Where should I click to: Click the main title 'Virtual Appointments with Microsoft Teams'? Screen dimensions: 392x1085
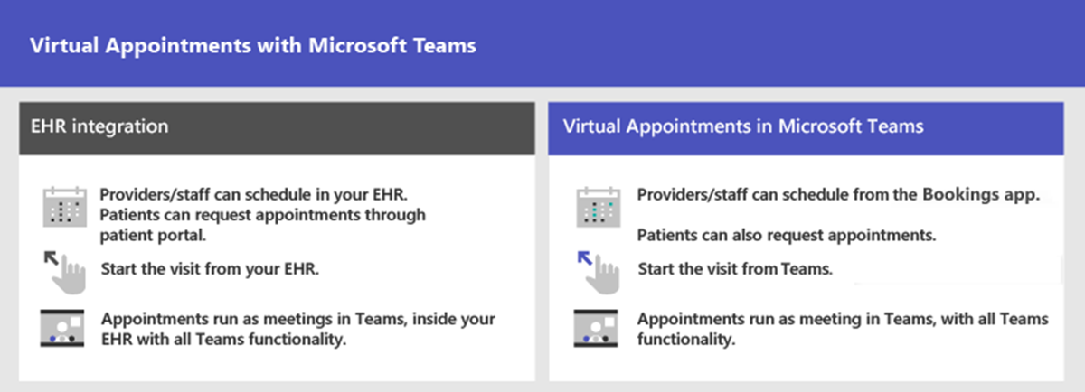[253, 46]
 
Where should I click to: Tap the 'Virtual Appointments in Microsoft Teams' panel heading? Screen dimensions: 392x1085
[743, 126]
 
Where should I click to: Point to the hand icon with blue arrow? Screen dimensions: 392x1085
[599, 270]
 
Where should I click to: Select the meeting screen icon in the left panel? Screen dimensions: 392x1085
[62, 329]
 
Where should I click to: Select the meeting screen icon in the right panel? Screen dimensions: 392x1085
[596, 329]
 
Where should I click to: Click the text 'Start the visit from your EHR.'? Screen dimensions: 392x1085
[211, 268]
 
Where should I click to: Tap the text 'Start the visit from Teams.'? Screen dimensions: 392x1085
[734, 269]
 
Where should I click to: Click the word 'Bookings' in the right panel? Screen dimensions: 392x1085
[953, 195]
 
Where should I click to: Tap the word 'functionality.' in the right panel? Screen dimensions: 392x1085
[685, 340]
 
